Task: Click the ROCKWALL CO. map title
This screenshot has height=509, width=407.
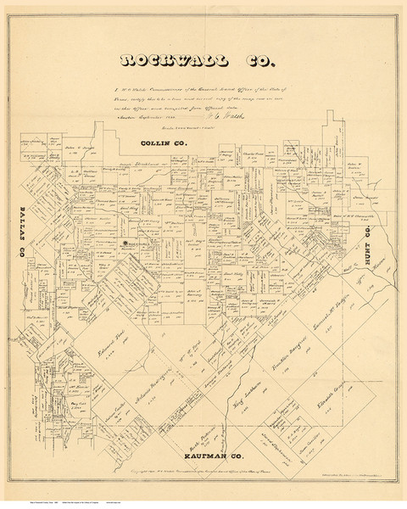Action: (x=203, y=61)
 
